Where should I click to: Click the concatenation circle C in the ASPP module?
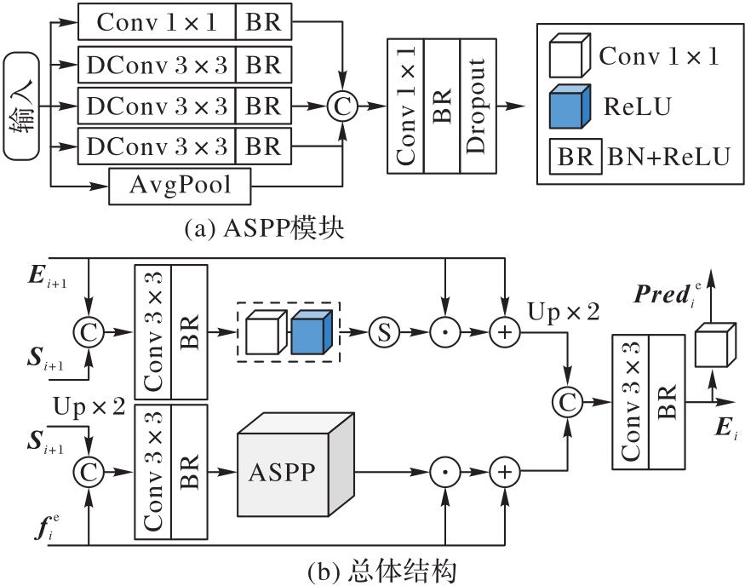click(x=341, y=106)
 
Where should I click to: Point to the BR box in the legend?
click(x=575, y=157)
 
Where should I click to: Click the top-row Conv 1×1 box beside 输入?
click(x=158, y=21)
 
